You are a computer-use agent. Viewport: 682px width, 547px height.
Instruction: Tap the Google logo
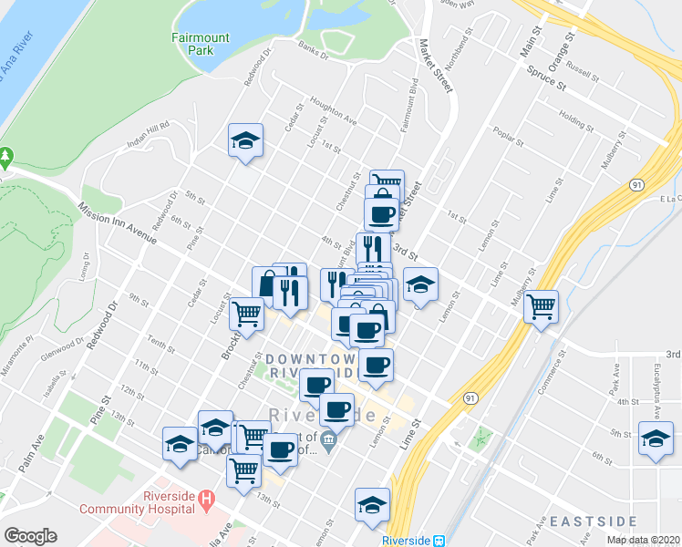(30, 536)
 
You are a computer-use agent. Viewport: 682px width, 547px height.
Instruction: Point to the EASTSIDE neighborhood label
(593, 521)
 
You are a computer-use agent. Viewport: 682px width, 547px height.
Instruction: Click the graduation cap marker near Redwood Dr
(245, 140)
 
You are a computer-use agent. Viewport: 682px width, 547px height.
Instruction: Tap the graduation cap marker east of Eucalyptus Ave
(656, 438)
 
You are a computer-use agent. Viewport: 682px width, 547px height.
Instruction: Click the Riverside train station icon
(439, 540)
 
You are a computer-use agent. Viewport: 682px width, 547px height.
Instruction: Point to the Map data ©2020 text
(643, 540)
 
